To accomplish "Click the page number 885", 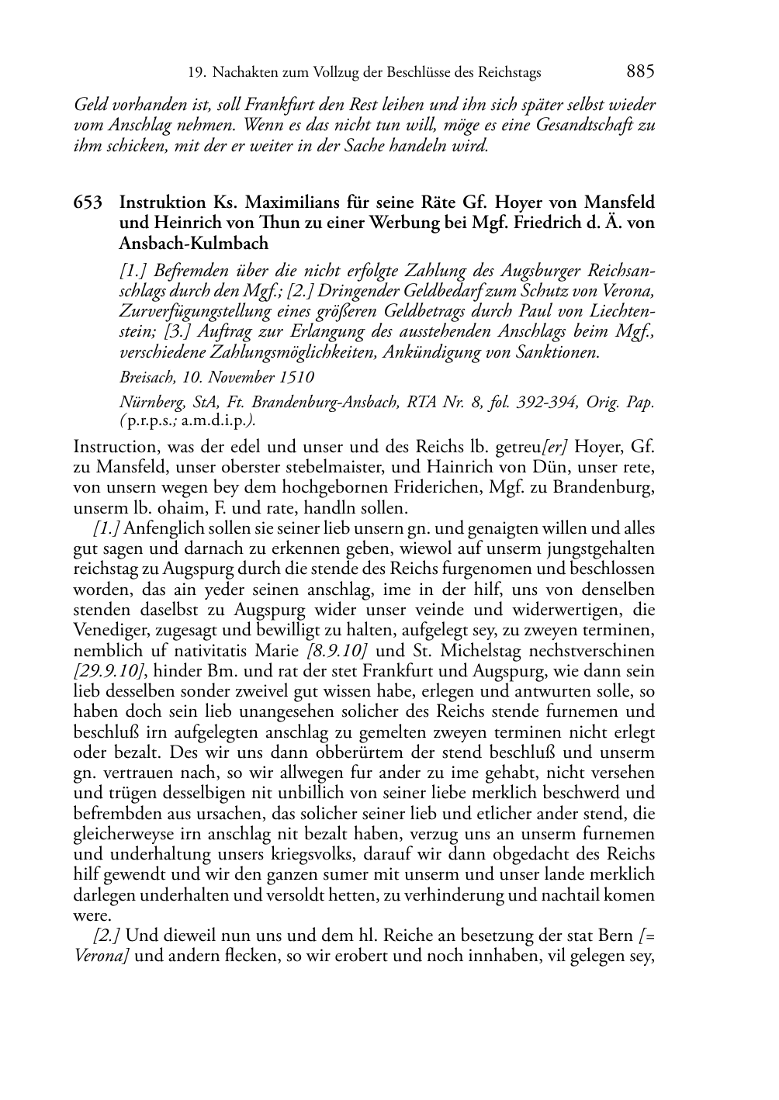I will (x=640, y=72).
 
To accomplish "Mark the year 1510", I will (x=297, y=378).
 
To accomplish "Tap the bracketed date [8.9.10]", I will (x=338, y=651).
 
